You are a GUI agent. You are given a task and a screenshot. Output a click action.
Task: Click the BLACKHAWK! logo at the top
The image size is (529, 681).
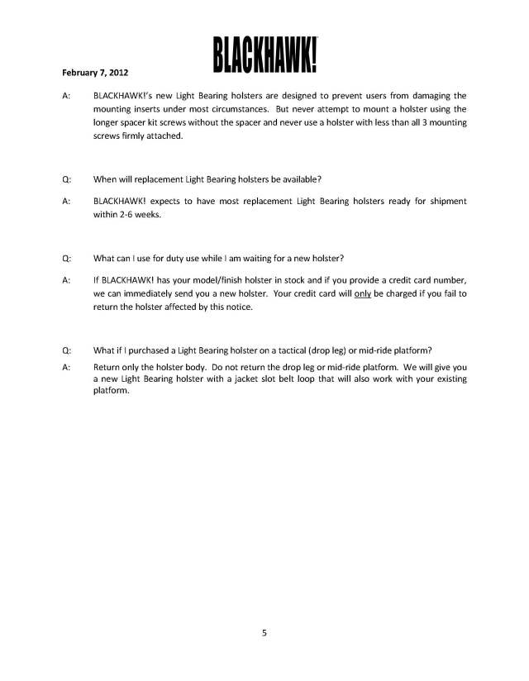[x=266, y=54]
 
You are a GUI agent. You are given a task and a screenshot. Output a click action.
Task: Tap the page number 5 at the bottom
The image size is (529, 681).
[x=264, y=634]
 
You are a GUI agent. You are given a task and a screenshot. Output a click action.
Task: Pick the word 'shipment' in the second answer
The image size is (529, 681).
[x=446, y=201]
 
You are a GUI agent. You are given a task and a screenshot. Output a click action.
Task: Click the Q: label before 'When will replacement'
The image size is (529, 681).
[x=66, y=179]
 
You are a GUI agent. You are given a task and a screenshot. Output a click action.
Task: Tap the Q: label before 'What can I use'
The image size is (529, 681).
[x=66, y=258]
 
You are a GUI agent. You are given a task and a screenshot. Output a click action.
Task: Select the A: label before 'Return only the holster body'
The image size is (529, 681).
[x=65, y=365]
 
